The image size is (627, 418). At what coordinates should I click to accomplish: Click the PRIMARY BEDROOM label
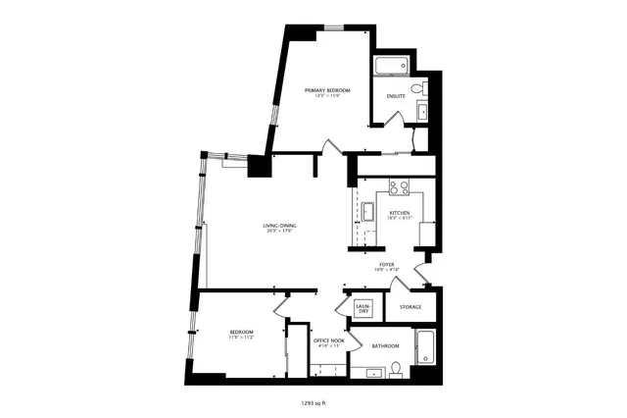[327, 89]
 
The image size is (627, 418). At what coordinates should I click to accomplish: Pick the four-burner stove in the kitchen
[399, 186]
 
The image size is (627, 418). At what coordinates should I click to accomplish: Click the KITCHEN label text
[400, 213]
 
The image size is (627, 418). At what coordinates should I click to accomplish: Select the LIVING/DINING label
[279, 227]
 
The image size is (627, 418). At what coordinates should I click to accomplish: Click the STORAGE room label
[410, 307]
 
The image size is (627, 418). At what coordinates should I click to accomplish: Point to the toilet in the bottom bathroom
[396, 370]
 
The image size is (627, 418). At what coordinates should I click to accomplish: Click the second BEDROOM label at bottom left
[242, 333]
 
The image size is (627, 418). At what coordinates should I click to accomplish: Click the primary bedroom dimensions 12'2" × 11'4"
[327, 95]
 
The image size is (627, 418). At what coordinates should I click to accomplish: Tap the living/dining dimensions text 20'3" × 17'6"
[279, 233]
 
